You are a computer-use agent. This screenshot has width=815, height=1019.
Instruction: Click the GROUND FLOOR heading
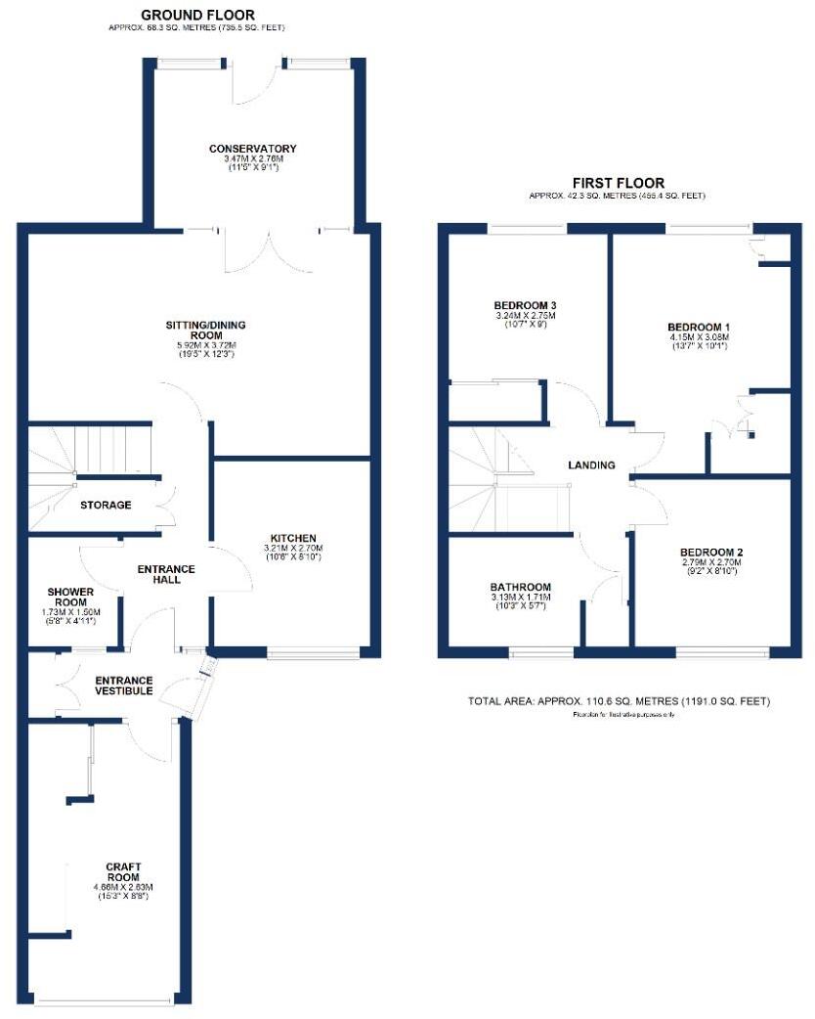point(198,15)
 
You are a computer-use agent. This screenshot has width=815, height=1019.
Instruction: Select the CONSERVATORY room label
point(252,149)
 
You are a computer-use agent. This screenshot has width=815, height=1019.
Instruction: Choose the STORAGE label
point(106,505)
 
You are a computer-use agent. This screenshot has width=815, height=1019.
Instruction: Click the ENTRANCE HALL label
point(165,574)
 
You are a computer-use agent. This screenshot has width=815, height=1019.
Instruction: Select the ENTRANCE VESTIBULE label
point(123,686)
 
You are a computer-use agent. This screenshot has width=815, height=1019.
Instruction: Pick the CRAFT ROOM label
point(124,872)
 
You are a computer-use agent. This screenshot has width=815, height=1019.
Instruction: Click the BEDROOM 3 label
point(525,305)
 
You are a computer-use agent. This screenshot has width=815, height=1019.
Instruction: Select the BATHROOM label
point(520,587)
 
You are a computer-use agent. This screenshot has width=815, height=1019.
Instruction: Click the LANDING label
point(591,465)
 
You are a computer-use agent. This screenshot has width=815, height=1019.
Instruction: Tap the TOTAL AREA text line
point(619,701)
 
